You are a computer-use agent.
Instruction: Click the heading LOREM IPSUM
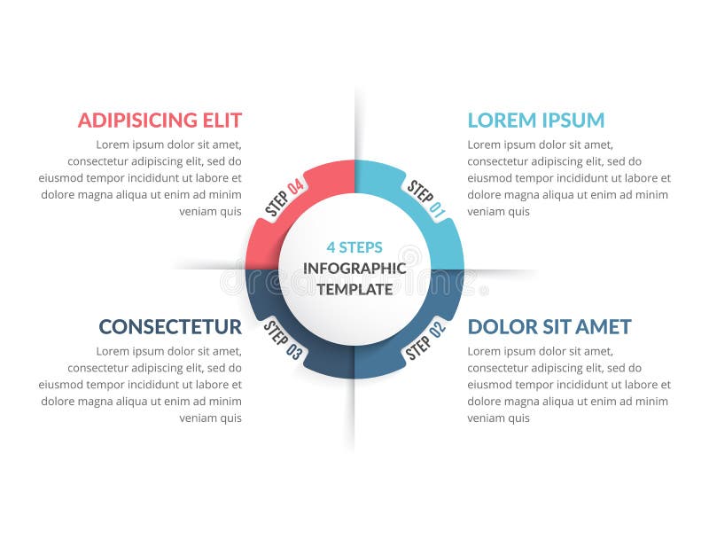(x=535, y=120)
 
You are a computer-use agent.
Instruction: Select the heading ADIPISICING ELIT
(x=160, y=120)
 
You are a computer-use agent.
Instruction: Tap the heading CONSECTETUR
(x=169, y=326)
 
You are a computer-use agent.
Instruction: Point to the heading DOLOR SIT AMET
(x=549, y=326)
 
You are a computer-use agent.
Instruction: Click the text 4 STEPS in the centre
(x=354, y=247)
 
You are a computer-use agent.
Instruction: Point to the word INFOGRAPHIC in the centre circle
(x=354, y=268)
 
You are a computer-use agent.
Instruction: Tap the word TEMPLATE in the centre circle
(x=354, y=288)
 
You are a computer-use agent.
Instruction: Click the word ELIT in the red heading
(x=222, y=120)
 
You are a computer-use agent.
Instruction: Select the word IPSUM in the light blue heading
(x=571, y=120)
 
